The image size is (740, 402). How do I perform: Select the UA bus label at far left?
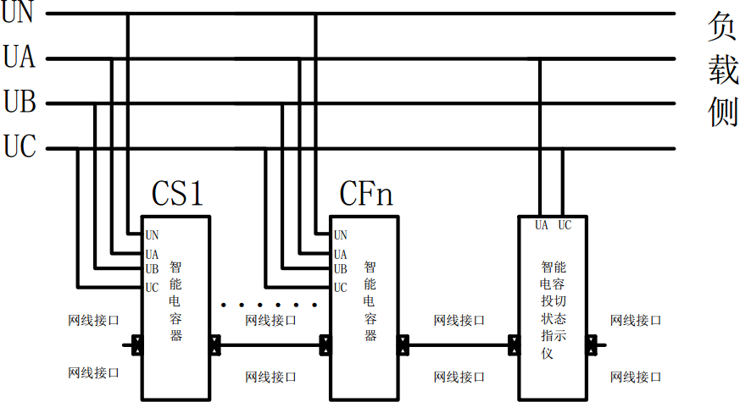click(19, 58)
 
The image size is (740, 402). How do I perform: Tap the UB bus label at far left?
click(19, 103)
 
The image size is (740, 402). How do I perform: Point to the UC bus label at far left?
click(19, 148)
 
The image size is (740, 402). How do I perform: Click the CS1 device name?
click(178, 195)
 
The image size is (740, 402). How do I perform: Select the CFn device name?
click(366, 195)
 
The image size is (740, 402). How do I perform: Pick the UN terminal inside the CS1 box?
click(152, 235)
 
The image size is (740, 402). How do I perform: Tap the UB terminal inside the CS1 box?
click(152, 269)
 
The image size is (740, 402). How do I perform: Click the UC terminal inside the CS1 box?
click(152, 288)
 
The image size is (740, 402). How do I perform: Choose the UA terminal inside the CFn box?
click(340, 254)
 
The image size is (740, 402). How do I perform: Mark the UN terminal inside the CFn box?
click(340, 235)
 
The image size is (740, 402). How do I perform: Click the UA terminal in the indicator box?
click(542, 225)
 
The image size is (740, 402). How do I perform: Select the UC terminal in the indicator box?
click(565, 225)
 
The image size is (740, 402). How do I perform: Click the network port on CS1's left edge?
click(137, 345)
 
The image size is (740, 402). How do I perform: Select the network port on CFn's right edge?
click(403, 345)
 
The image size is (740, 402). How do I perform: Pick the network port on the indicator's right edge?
click(592, 345)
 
